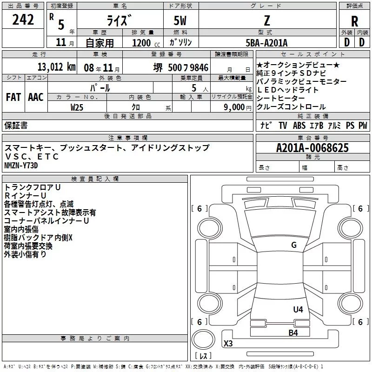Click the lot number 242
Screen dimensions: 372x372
click(x=23, y=20)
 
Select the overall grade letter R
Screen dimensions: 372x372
click(x=354, y=21)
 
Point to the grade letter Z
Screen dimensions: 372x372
click(x=266, y=20)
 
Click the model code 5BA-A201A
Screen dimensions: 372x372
click(x=266, y=43)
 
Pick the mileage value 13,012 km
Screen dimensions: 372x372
click(x=56, y=67)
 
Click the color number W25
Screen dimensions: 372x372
click(x=77, y=107)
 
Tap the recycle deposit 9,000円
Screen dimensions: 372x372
click(x=237, y=107)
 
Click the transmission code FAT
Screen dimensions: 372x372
click(x=13, y=97)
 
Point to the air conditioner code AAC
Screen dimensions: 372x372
click(x=36, y=97)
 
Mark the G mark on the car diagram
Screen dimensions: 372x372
click(x=293, y=245)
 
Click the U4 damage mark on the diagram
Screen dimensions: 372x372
click(x=298, y=309)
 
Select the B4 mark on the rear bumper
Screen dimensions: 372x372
click(x=293, y=332)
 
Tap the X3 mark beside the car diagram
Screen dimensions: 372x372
click(x=228, y=344)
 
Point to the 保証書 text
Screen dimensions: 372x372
click(x=16, y=125)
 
